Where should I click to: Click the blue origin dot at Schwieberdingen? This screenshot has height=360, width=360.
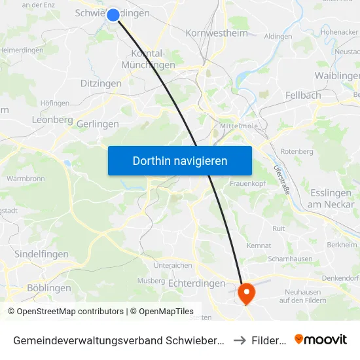click(x=113, y=14)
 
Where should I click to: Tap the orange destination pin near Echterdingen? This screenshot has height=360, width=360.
click(x=247, y=292)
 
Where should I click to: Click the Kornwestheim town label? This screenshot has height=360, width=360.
click(x=217, y=33)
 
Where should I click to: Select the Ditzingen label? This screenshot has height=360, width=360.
click(x=101, y=83)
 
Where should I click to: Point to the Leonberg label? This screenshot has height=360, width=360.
click(x=52, y=120)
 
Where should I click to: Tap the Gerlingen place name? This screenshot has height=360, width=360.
click(x=98, y=124)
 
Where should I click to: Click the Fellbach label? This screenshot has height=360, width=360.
click(x=303, y=95)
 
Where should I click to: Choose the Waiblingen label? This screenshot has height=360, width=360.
click(x=338, y=75)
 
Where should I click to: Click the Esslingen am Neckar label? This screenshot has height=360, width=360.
click(x=331, y=198)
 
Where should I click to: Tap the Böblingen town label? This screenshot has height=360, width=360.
click(x=49, y=288)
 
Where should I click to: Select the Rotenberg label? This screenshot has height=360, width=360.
click(x=297, y=151)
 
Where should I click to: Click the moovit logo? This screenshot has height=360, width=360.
click(x=321, y=339)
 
